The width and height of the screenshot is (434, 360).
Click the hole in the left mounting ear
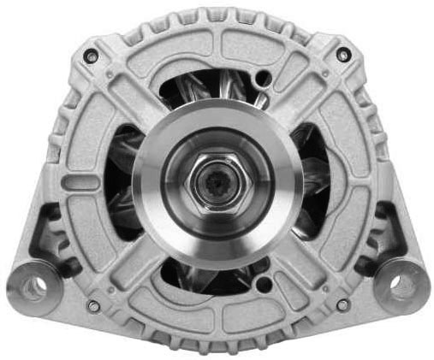coord(33,286)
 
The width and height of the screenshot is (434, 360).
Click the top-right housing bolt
coord(343,55)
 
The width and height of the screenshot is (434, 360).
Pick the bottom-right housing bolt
coord(342,304)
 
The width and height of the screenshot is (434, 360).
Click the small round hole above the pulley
coord(264,79)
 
